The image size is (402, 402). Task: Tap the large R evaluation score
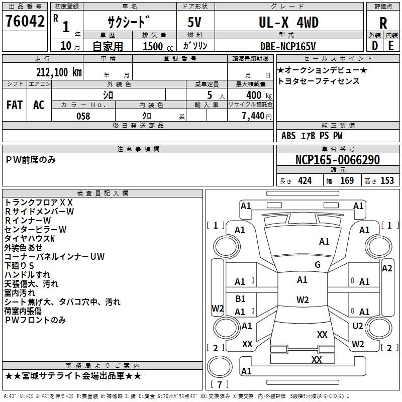pyautogui.click(x=383, y=23)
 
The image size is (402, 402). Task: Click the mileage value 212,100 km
pyautogui.click(x=59, y=72)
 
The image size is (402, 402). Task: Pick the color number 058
pyautogui.click(x=83, y=116)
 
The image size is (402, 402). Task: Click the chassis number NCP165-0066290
pyautogui.click(x=337, y=160)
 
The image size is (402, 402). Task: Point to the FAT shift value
pyautogui.click(x=14, y=105)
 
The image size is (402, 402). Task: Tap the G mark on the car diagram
pyautogui.click(x=318, y=265)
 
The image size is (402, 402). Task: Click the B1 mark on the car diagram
pyautogui.click(x=240, y=298)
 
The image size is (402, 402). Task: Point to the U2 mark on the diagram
pyautogui.click(x=358, y=326)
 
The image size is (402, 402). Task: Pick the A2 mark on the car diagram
pyautogui.click(x=387, y=268)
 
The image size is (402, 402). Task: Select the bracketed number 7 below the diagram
pyautogui.click(x=220, y=384)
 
